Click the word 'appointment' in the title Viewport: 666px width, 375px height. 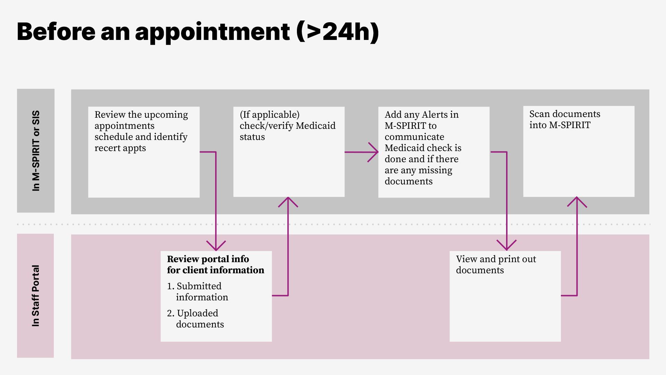pos(212,32)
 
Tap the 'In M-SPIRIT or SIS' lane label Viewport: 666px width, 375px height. pos(36,151)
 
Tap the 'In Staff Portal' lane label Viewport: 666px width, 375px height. pos(35,295)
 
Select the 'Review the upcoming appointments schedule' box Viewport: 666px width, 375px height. pos(144,152)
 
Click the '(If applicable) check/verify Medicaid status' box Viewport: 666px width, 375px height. pos(289,152)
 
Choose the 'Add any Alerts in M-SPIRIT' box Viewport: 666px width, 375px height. pos(434,152)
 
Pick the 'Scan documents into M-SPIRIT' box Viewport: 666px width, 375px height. pos(579,151)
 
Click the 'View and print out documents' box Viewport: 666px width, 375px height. pos(505,296)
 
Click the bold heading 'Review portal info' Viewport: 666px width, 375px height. pos(208,259)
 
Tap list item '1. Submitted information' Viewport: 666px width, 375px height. pos(198,292)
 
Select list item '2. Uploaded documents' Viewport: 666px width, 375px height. pos(196,319)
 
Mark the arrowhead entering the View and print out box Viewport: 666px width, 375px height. pos(506,247)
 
